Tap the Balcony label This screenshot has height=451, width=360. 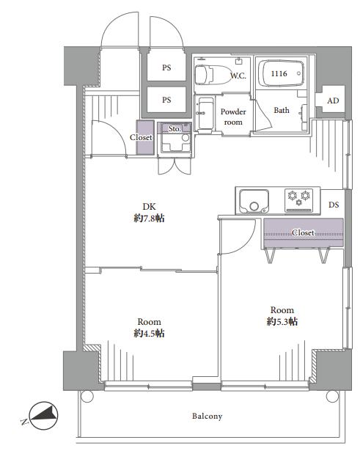(207, 417)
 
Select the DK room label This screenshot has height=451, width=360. (150, 206)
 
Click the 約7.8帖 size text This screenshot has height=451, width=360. (149, 219)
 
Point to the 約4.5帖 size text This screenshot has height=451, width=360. (149, 333)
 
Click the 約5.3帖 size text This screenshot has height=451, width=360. (282, 321)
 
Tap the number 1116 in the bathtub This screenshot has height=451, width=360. (279, 73)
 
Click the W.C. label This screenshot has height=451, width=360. (238, 76)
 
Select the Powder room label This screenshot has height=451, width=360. (233, 117)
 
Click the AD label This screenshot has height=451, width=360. (333, 100)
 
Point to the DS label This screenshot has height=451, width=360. (334, 205)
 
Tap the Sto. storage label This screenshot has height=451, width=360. (175, 128)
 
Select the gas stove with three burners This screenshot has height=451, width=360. (298, 200)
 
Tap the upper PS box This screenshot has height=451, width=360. (166, 67)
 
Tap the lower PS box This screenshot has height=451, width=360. (166, 100)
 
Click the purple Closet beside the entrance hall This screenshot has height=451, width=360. (145, 137)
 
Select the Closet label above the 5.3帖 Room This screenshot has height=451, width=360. (303, 232)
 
